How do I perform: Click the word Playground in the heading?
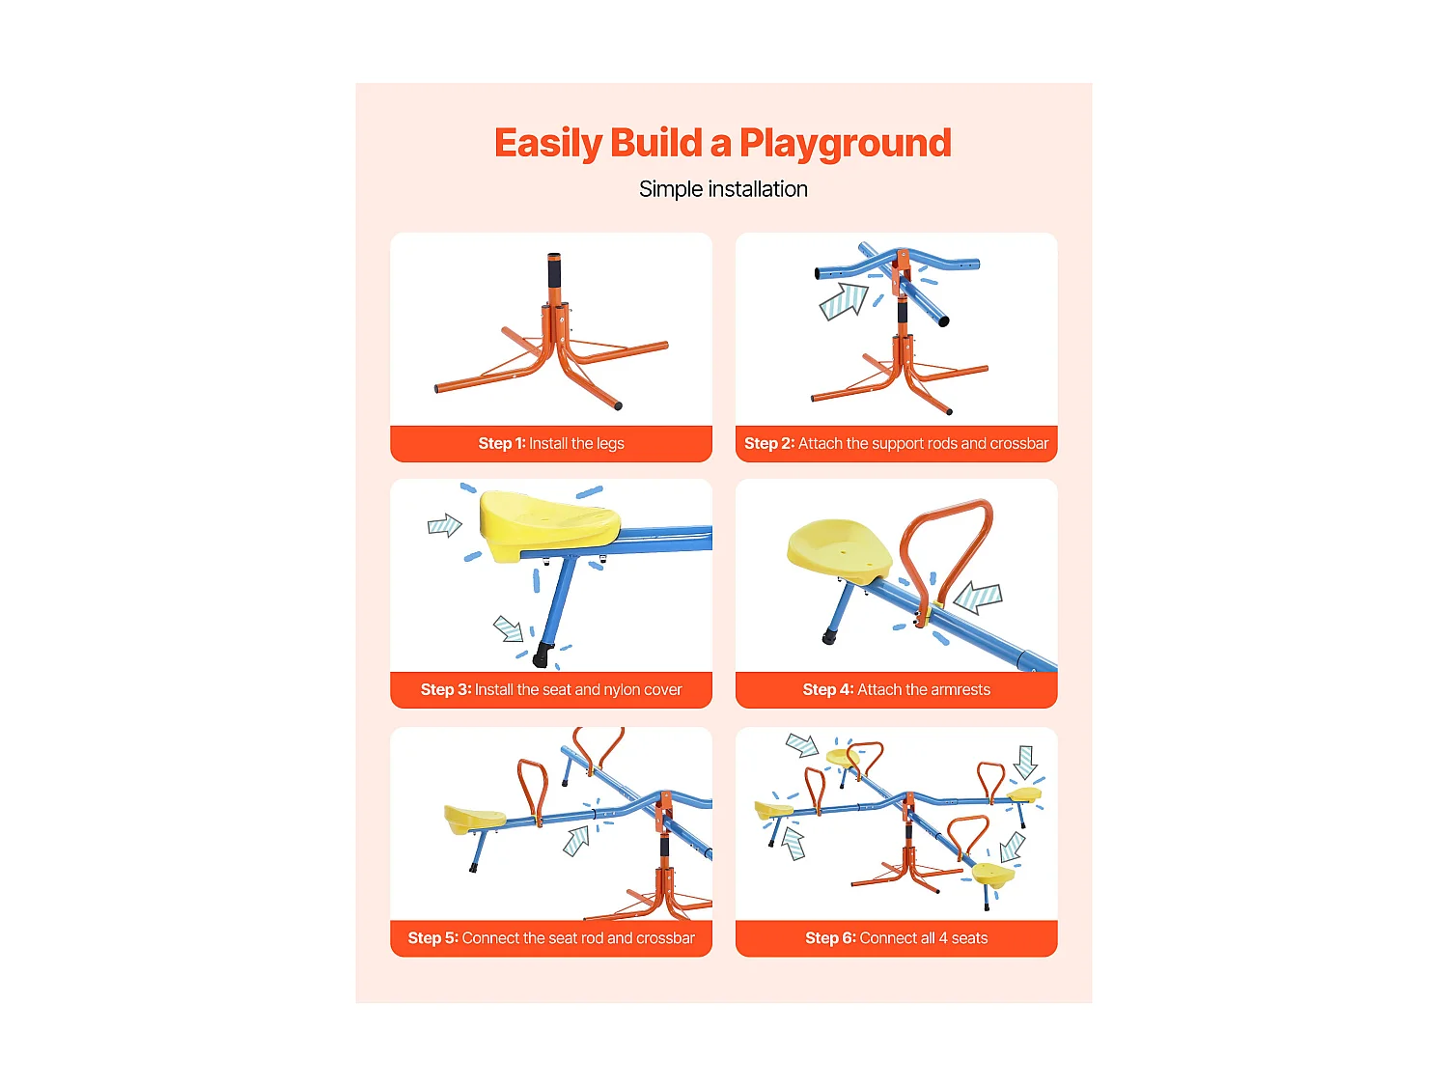[x=845, y=144]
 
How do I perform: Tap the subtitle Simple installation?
[x=723, y=189]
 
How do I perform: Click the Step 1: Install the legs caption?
[x=551, y=444]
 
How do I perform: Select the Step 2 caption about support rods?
[x=896, y=444]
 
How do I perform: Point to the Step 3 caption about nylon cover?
[x=551, y=690]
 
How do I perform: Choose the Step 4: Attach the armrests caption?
[x=896, y=690]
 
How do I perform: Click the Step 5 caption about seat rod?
[x=551, y=938]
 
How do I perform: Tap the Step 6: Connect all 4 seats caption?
[x=896, y=938]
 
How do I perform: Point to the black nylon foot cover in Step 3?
[x=542, y=656]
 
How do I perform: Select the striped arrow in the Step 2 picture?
[x=844, y=301]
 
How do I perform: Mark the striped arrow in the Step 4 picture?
[x=978, y=599]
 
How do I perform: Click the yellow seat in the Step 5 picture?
[x=473, y=819]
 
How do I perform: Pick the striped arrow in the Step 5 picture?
[x=576, y=840]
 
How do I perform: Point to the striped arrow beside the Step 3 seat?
[x=444, y=525]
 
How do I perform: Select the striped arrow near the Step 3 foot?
[x=508, y=628]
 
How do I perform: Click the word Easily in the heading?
[x=548, y=144]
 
